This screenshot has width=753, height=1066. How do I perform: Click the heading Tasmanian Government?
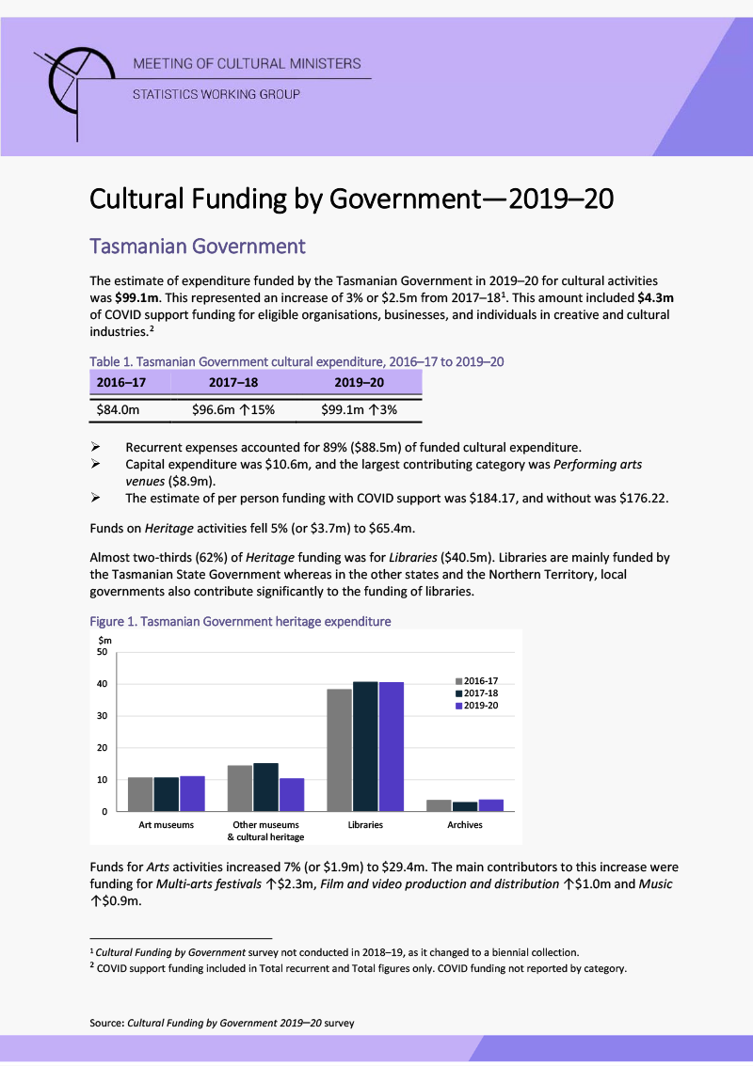pyautogui.click(x=198, y=247)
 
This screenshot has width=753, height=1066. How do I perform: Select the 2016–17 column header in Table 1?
pyautogui.click(x=121, y=383)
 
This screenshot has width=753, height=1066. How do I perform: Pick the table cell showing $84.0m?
pyautogui.click(x=119, y=410)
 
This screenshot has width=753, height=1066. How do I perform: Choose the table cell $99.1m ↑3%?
pyautogui.click(x=359, y=410)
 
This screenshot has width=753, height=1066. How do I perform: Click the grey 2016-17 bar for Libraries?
pyautogui.click(x=339, y=750)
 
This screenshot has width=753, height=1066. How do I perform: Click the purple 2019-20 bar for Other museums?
pyautogui.click(x=292, y=794)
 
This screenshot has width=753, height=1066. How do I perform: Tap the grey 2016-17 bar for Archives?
pyautogui.click(x=439, y=805)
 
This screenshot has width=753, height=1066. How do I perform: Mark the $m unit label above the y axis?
pyautogui.click(x=105, y=640)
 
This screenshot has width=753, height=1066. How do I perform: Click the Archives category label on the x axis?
pyautogui.click(x=465, y=825)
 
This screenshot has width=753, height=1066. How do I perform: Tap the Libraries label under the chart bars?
pyautogui.click(x=365, y=825)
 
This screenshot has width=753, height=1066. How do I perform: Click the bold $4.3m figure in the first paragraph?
pyautogui.click(x=655, y=297)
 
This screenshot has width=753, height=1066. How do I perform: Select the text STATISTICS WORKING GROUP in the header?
pyautogui.click(x=216, y=94)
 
